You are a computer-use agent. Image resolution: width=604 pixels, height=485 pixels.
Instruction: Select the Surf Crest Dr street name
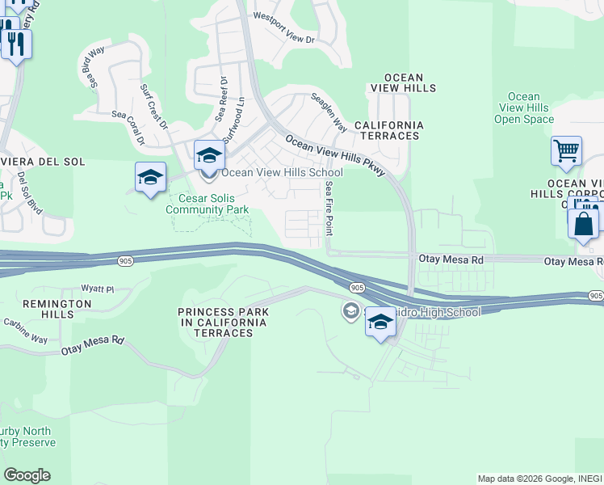click(153, 107)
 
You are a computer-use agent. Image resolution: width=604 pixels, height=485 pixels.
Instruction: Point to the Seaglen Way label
click(329, 113)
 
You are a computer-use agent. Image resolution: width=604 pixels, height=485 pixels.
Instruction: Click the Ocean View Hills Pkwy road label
click(334, 154)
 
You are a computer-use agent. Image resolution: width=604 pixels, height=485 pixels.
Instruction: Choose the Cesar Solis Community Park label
click(207, 204)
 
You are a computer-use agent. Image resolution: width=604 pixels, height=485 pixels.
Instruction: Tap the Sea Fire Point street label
click(329, 208)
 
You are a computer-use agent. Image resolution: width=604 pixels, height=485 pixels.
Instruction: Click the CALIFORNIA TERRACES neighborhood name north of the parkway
click(389, 130)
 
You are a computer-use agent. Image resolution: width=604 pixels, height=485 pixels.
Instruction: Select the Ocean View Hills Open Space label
click(524, 108)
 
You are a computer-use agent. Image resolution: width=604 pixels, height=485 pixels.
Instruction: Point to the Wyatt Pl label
click(98, 289)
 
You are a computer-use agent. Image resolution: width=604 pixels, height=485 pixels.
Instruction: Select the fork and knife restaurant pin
click(16, 42)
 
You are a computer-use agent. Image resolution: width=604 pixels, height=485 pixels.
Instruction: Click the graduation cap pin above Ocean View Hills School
click(208, 154)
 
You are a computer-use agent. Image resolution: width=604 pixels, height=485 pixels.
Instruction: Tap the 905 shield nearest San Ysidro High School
click(357, 288)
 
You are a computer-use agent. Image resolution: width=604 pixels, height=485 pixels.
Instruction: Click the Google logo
click(26, 475)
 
